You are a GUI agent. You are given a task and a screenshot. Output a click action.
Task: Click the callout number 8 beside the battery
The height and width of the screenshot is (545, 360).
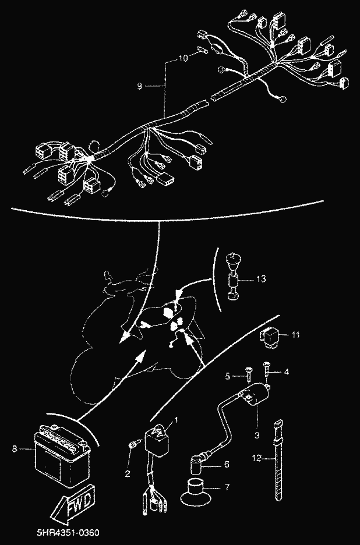pyautogui.click(x=14, y=448)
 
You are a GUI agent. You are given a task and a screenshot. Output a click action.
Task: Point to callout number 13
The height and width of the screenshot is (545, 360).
pyautogui.click(x=261, y=279)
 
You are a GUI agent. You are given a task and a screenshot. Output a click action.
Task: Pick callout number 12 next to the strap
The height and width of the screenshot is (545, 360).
pyautogui.click(x=256, y=459)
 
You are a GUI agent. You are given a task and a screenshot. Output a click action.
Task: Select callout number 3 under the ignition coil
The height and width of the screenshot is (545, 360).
pyautogui.click(x=257, y=434)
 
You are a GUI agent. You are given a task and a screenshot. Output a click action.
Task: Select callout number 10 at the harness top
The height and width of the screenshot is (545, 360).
pyautogui.click(x=183, y=58)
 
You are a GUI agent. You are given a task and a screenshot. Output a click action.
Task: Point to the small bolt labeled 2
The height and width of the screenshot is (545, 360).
pyautogui.click(x=134, y=445)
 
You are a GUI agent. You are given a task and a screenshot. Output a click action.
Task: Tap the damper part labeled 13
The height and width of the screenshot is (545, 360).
pyautogui.click(x=234, y=276)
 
